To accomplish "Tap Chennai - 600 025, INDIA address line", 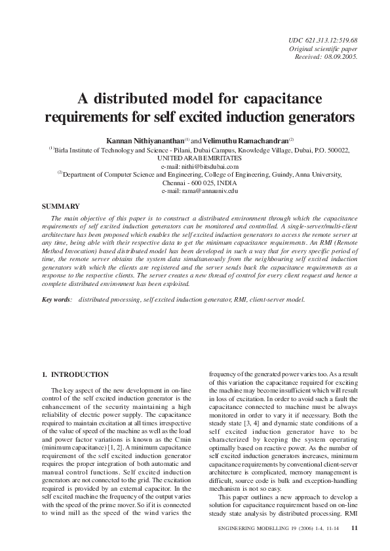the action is point(195,183).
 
